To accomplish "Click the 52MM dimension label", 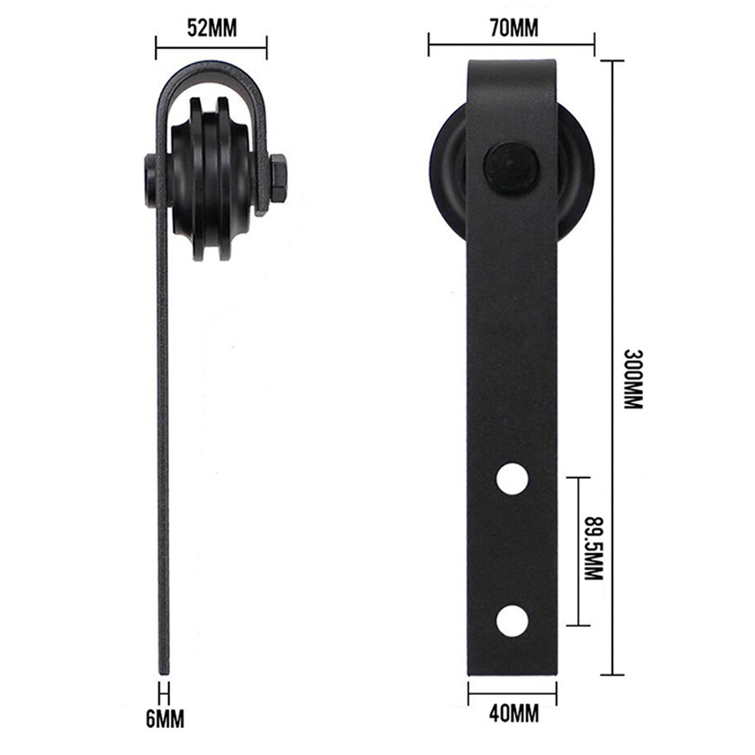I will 211,29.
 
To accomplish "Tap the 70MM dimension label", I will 513,29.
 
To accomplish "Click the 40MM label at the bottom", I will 513,714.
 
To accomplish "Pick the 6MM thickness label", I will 165,719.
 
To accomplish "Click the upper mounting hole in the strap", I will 512,480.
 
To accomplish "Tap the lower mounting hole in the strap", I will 512,620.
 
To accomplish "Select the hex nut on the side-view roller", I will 278,176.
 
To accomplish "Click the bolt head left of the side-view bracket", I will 149,176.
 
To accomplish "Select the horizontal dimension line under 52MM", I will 211,48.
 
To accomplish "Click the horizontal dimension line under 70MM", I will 511,45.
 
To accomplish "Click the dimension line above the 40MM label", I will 512,694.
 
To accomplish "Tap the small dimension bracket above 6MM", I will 164,693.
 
